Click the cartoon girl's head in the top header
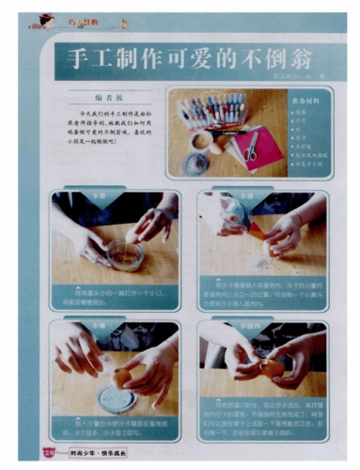[43, 18]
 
